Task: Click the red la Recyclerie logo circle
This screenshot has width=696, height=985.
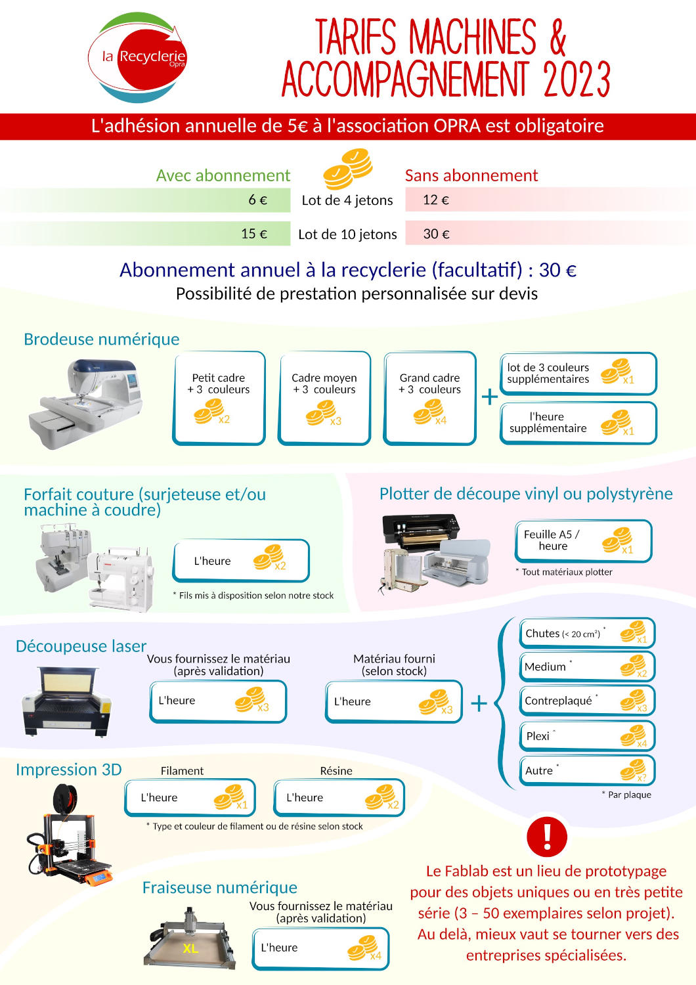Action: point(152,57)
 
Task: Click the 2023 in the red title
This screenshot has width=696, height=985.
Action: point(577,79)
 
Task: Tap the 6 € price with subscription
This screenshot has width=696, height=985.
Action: point(257,200)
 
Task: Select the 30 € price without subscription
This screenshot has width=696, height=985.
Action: point(436,234)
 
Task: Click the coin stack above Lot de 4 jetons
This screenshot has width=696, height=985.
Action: point(348,169)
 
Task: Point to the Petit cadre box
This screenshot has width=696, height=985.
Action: point(219,398)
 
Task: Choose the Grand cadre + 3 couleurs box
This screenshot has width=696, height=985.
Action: point(429,398)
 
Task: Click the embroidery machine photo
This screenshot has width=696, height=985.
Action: point(86,404)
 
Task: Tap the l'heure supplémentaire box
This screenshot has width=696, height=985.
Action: point(578,423)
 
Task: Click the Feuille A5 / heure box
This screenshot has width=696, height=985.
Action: point(584,541)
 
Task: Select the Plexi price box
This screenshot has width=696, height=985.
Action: point(587,736)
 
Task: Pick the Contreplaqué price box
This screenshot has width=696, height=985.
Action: point(587,701)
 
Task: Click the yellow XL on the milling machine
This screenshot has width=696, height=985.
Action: point(190,949)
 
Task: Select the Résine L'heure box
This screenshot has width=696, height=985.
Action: point(339,797)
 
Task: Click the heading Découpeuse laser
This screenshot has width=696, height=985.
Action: point(81,646)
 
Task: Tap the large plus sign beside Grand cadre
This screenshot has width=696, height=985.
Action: point(489,397)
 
